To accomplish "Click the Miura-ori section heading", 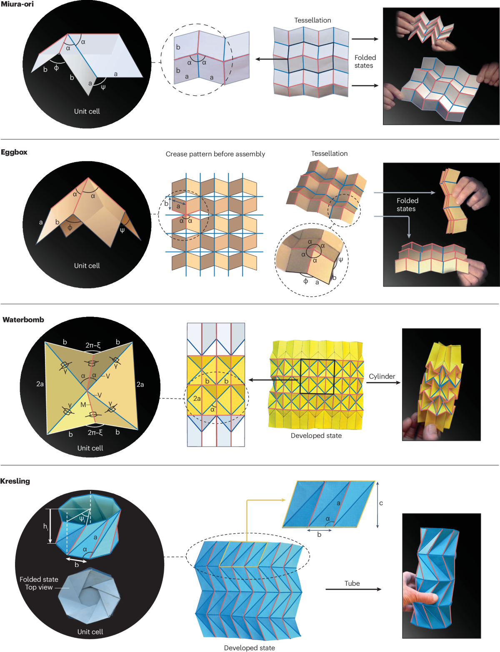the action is [x=17, y=4].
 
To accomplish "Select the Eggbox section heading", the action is [x=14, y=152].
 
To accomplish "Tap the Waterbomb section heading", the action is [x=23, y=320].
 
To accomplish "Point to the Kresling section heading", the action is [x=15, y=481].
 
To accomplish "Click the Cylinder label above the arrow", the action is [x=382, y=376].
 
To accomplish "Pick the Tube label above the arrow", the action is [x=352, y=583].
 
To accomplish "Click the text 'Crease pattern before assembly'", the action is [x=215, y=154].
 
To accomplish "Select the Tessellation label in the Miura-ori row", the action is [x=312, y=20].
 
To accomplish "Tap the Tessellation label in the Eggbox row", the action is [x=329, y=153].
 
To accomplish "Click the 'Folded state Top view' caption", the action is [x=39, y=583].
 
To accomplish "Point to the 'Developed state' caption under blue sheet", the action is [x=249, y=648].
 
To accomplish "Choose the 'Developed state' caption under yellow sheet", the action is [x=316, y=435].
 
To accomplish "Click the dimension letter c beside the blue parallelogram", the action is [x=381, y=503].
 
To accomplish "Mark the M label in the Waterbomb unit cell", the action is [x=83, y=405].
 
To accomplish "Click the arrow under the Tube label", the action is [x=353, y=589].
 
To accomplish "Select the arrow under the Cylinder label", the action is [x=383, y=382].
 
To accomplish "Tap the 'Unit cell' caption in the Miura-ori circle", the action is [x=87, y=111].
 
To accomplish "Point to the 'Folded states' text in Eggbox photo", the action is [x=407, y=205].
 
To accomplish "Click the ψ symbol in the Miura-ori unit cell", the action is [x=103, y=87].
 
